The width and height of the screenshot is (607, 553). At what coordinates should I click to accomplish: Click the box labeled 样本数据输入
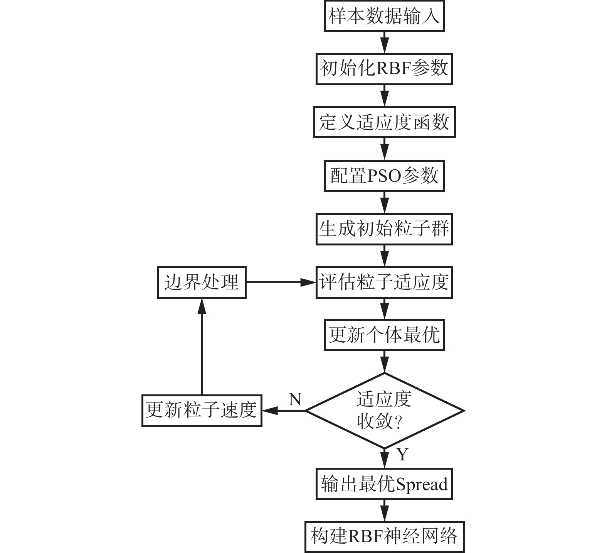pyautogui.click(x=384, y=16)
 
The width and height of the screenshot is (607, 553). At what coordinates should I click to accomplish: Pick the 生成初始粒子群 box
pyautogui.click(x=384, y=230)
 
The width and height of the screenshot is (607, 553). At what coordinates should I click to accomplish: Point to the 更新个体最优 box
pyautogui.click(x=384, y=335)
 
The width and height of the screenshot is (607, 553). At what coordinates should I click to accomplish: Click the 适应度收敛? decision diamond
pyautogui.click(x=384, y=411)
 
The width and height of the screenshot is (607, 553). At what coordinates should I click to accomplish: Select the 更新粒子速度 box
pyautogui.click(x=202, y=411)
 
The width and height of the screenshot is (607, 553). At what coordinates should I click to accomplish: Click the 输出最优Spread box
pyautogui.click(x=384, y=484)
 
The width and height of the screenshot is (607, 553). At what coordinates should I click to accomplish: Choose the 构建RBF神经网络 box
pyautogui.click(x=384, y=537)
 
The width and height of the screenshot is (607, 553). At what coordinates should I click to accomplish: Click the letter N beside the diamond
pyautogui.click(x=295, y=399)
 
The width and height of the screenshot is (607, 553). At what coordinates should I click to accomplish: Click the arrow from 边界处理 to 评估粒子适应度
pyautogui.click(x=281, y=282)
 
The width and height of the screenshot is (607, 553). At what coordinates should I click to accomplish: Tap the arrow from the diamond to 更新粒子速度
pyautogui.click(x=284, y=411)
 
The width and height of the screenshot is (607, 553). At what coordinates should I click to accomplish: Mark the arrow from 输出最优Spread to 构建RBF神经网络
pyautogui.click(x=384, y=511)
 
